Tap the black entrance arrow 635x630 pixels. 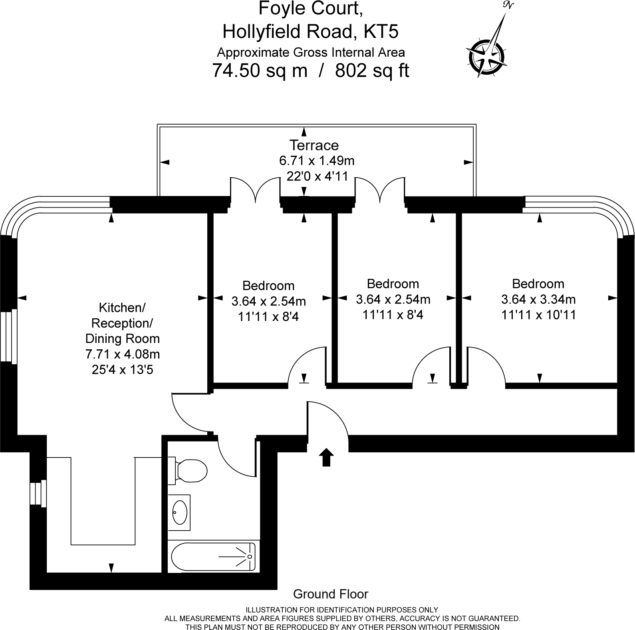tap(326, 457)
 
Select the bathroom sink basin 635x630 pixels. tap(179, 512)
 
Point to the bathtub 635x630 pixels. tap(213, 557)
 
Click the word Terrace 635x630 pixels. tap(314, 145)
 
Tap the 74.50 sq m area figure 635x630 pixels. tap(260, 71)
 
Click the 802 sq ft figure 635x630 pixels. tap(372, 71)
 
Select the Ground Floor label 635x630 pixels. tap(330, 594)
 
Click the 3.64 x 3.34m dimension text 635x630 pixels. tap(538, 299)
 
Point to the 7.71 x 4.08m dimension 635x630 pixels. tap(122, 354)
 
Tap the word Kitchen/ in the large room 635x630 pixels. tap(122, 307)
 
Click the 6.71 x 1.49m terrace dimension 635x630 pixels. tap(317, 160)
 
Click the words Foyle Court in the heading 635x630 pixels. tap(311, 8)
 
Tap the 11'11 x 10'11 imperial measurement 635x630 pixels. tap(538, 315)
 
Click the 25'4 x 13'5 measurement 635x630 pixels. tap(122, 370)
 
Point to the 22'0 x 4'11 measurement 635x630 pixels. tap(317, 176)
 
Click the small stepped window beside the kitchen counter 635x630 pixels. tap(38, 493)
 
